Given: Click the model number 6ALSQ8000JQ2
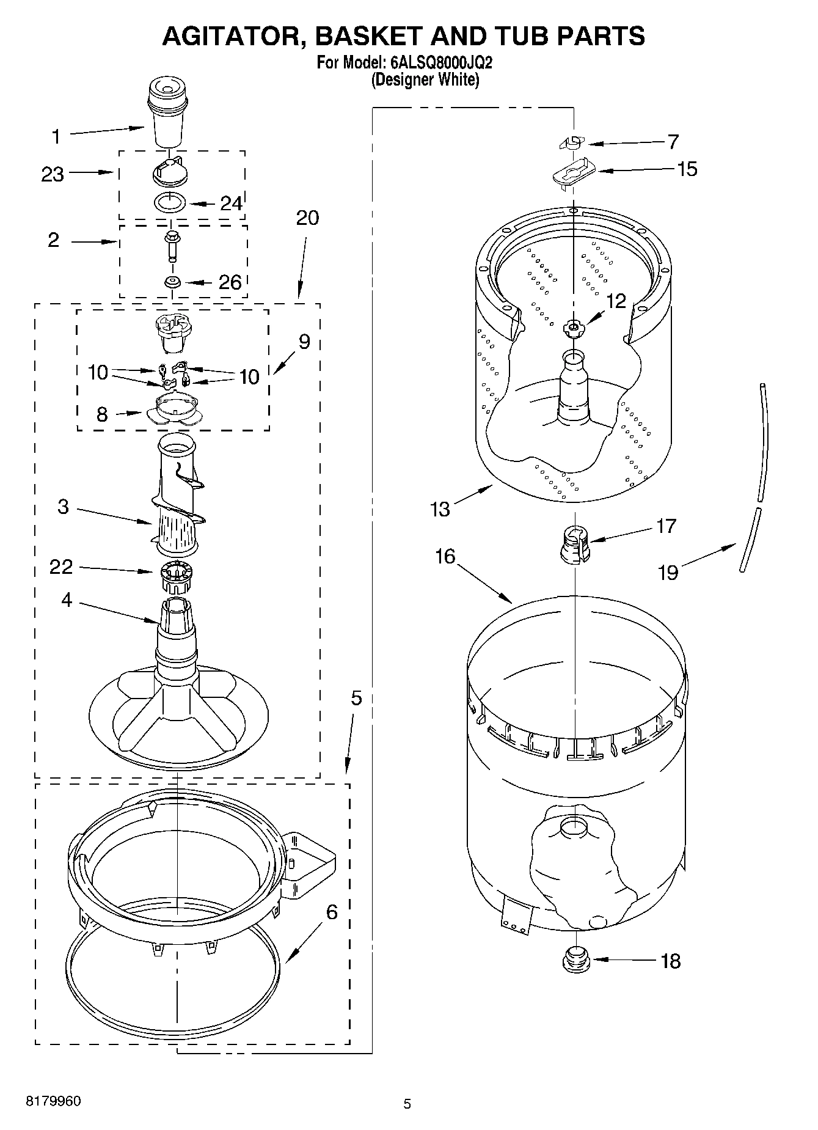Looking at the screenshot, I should [440, 63].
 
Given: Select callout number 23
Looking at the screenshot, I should [53, 175].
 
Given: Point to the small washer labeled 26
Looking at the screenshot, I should [172, 282].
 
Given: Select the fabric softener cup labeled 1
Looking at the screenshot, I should [166, 116].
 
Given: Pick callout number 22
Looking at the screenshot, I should [61, 567].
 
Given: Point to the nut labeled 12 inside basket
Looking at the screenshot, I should [572, 328].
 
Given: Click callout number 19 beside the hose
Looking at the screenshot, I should [668, 573].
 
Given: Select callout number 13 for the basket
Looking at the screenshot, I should [440, 508].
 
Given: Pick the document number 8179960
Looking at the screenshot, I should [53, 1101].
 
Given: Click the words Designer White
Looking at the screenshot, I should [425, 79].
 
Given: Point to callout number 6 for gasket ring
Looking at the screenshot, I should [331, 912].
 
